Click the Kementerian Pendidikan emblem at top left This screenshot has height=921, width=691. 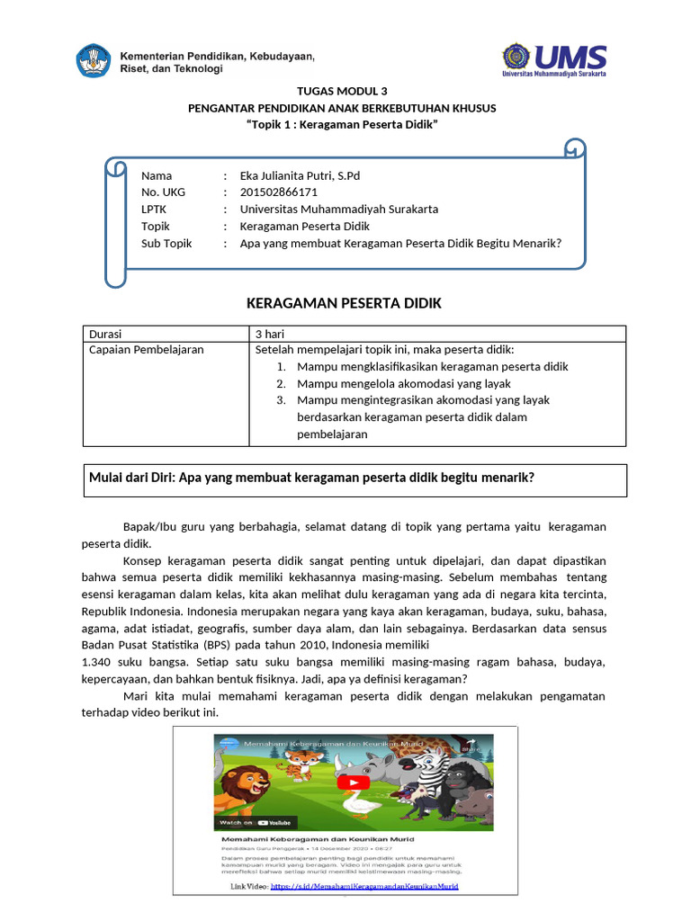pos(93,61)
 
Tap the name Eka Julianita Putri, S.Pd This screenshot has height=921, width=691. pos(300,175)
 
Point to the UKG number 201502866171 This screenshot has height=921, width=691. pos(278,192)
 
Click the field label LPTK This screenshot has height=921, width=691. pos(155,210)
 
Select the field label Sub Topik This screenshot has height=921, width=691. pos(166,243)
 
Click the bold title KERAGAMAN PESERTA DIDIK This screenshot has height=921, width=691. pos(344,304)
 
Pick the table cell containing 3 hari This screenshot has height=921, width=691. pos(270,334)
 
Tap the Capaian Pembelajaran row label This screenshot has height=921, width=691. pos(147,350)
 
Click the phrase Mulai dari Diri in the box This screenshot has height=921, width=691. pos(131,478)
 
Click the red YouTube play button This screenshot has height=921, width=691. pos(346,782)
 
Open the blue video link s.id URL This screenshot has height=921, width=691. pos(364,886)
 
